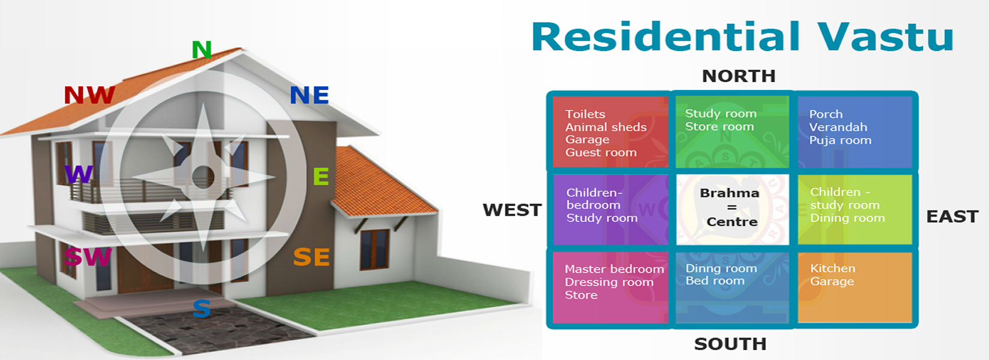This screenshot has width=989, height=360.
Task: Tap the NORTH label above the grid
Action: [x=739, y=76]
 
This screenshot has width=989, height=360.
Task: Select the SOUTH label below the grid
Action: [x=730, y=344]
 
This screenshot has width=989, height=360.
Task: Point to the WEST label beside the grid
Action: [x=512, y=209]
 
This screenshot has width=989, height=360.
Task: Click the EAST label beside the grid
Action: [x=952, y=216]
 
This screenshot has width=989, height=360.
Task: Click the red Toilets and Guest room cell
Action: [x=610, y=132]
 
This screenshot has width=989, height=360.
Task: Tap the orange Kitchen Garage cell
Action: [x=855, y=287]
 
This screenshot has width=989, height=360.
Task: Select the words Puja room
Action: [x=840, y=140]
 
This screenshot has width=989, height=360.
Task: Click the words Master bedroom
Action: [x=614, y=269]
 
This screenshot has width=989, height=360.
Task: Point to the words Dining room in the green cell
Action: [x=847, y=218]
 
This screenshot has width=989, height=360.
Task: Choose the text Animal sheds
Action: [x=606, y=127]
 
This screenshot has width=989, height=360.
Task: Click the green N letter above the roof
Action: [x=201, y=49]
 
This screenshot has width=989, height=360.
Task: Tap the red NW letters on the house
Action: [x=89, y=95]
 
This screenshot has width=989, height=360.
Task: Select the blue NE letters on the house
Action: [x=309, y=95]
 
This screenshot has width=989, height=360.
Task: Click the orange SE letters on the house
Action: [x=311, y=257]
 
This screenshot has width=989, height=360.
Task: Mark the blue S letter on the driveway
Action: [x=201, y=308]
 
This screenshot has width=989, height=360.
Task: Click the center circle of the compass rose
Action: [x=203, y=176]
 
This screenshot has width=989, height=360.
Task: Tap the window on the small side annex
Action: [x=374, y=249]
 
